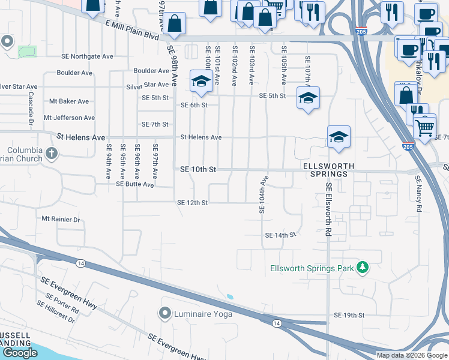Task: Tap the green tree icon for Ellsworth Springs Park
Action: (363, 267)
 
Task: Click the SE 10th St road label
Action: (197, 170)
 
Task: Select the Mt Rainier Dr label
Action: (61, 220)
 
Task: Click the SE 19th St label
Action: (349, 315)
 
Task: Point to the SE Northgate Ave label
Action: (87, 56)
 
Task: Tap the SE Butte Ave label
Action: (135, 185)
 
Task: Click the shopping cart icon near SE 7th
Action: (424, 128)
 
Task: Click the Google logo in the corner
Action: (20, 353)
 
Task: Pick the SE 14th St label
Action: (281, 235)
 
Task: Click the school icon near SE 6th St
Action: (200, 81)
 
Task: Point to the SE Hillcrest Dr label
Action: (55, 312)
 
